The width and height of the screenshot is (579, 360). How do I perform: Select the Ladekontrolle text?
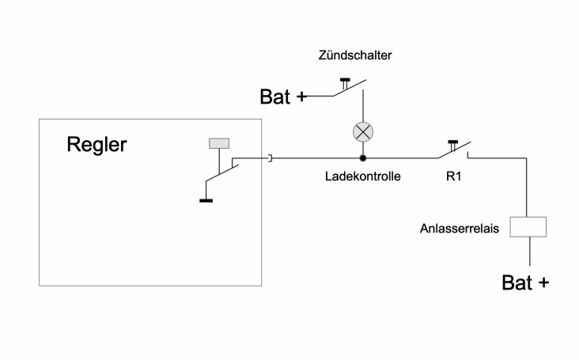point(363,176)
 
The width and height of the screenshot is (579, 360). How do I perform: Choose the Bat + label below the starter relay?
point(525,282)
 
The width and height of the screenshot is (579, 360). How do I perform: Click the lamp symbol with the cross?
point(362,131)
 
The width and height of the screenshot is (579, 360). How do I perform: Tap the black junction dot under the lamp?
point(362,158)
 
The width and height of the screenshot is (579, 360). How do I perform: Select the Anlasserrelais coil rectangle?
point(529,227)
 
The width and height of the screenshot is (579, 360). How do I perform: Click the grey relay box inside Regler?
point(219,143)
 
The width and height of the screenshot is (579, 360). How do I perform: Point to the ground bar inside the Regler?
point(206,199)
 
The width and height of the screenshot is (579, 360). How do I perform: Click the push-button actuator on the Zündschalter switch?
point(345,81)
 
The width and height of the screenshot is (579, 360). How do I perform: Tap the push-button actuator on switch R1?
point(452,143)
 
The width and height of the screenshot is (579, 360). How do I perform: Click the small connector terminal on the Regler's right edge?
point(271,158)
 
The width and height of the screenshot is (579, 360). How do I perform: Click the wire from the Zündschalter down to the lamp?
point(362,106)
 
